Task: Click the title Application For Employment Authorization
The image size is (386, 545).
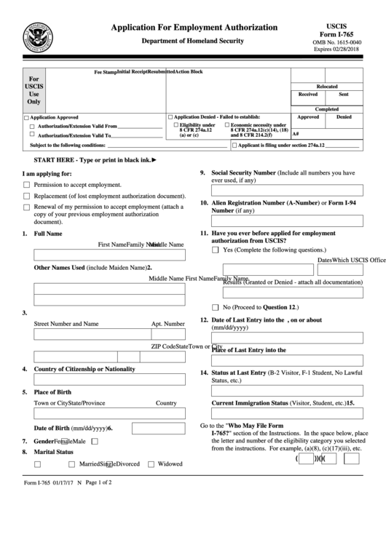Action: point(193,27)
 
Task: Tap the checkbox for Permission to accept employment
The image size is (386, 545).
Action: point(27,186)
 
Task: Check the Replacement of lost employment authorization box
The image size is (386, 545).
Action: point(27,196)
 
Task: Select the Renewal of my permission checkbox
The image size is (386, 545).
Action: point(27,207)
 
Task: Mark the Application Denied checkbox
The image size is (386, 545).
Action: point(171,117)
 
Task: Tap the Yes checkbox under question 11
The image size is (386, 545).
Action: point(216,250)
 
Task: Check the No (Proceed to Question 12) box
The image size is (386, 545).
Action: point(216,307)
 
